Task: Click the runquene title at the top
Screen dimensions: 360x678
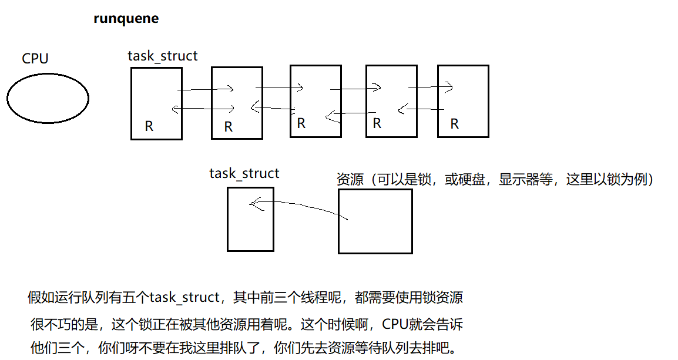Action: coord(126,19)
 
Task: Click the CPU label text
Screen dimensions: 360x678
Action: coord(35,59)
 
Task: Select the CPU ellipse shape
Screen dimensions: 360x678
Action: coord(48,98)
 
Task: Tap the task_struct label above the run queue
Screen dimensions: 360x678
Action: coord(163,56)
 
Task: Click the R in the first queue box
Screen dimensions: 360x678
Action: coord(149,127)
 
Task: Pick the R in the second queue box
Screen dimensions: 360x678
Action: coord(229,127)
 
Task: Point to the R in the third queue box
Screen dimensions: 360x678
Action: coord(301,123)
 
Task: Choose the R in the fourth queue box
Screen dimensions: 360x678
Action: coord(377,123)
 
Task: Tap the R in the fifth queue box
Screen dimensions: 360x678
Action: coord(454,124)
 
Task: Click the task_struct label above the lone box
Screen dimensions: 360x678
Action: coord(244,174)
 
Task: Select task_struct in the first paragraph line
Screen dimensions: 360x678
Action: coord(184,297)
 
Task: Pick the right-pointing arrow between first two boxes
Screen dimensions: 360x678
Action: coord(206,90)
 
